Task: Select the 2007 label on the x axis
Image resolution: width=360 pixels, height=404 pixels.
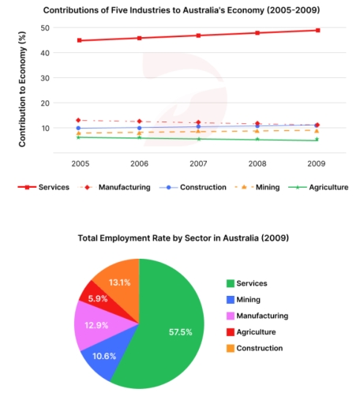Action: coord(197,164)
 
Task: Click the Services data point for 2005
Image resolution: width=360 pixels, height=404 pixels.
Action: coord(79,40)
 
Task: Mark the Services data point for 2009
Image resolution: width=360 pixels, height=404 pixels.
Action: coord(317,30)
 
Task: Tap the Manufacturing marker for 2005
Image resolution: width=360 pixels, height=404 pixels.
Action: coord(79,120)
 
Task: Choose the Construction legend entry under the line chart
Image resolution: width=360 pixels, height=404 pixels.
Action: coord(187,188)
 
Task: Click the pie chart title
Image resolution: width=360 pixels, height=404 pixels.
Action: coord(183,238)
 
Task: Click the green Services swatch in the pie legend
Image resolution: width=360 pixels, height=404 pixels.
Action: coord(231,283)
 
